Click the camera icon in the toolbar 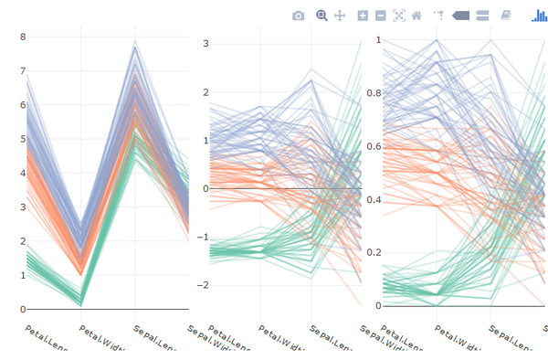point(298,16)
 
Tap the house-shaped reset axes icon point(416,16)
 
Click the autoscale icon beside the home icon point(398,16)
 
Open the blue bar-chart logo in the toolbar point(540,16)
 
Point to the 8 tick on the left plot point(23,37)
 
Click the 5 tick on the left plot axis point(23,139)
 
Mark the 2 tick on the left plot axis point(23,241)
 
